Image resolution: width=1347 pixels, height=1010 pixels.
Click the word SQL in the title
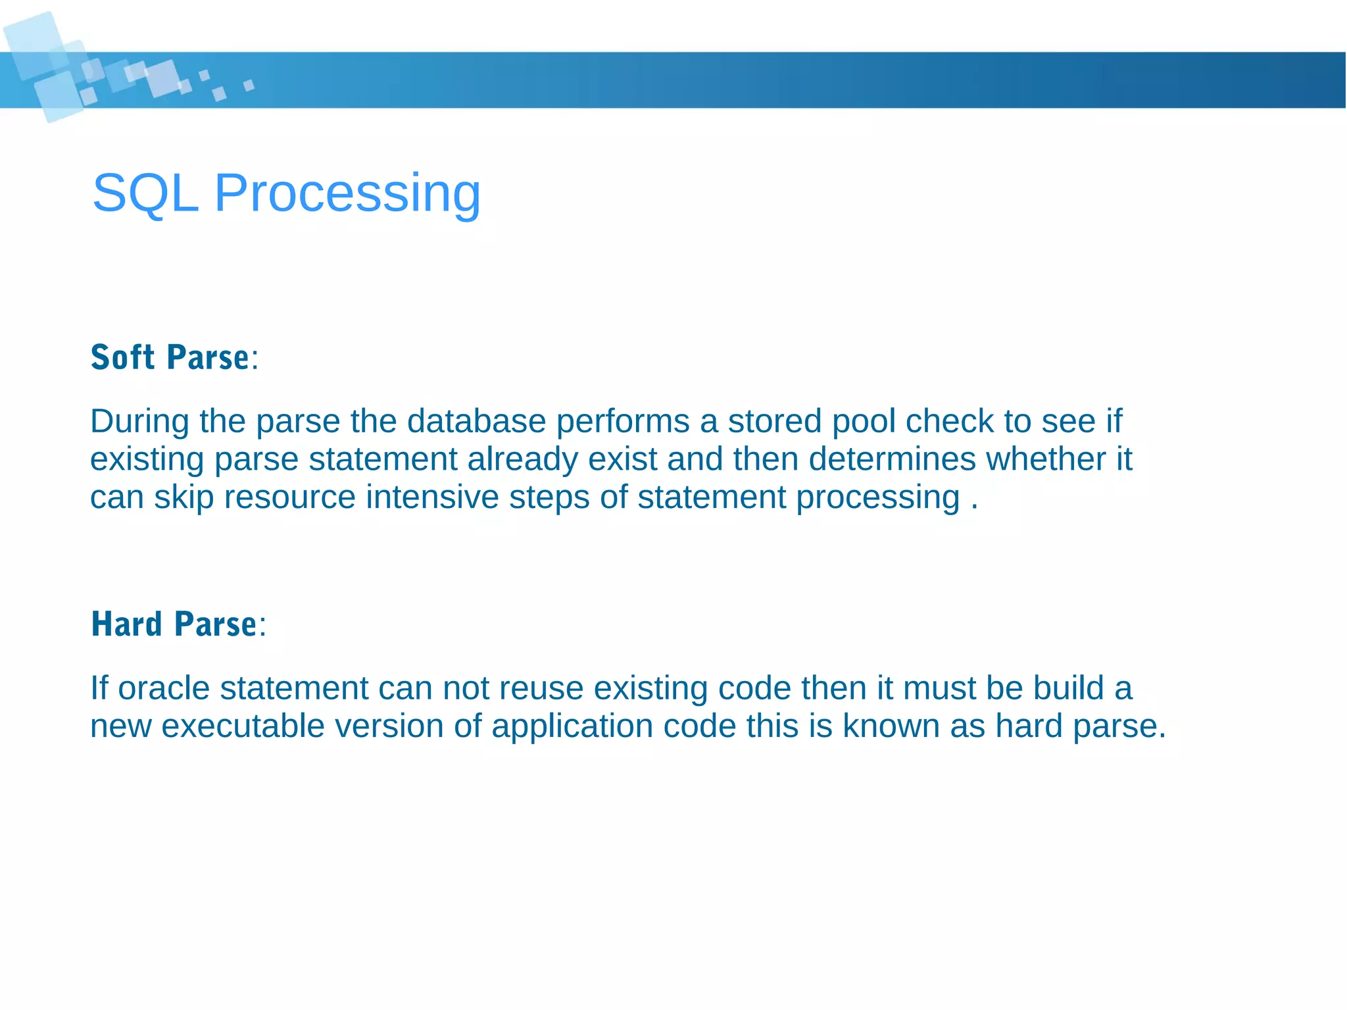145,193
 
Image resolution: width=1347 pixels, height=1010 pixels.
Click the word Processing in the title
347,193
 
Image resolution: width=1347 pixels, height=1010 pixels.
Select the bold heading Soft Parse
170,358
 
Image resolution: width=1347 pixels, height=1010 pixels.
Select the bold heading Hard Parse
174,624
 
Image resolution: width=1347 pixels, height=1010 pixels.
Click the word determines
893,459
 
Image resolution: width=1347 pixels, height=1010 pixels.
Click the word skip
184,497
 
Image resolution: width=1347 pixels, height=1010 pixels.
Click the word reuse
541,688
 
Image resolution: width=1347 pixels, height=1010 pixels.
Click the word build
1068,688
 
